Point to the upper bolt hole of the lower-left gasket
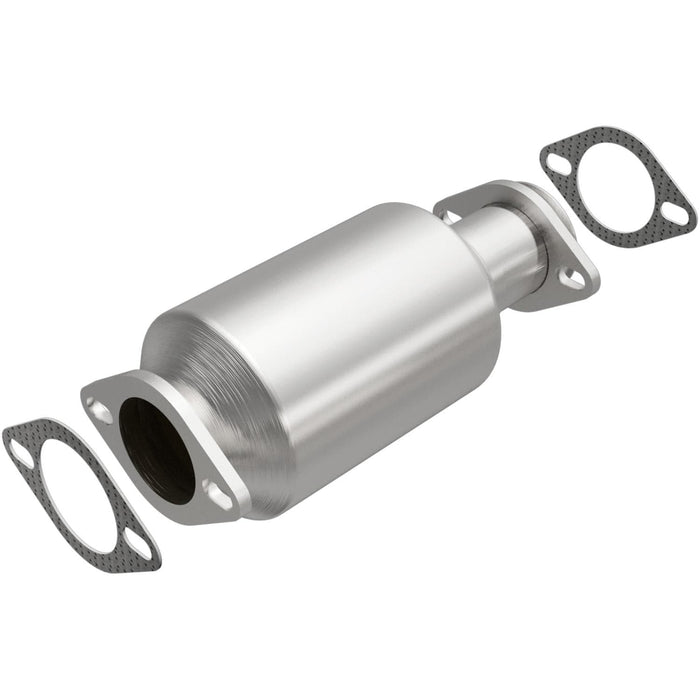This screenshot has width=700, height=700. click(20, 454)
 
